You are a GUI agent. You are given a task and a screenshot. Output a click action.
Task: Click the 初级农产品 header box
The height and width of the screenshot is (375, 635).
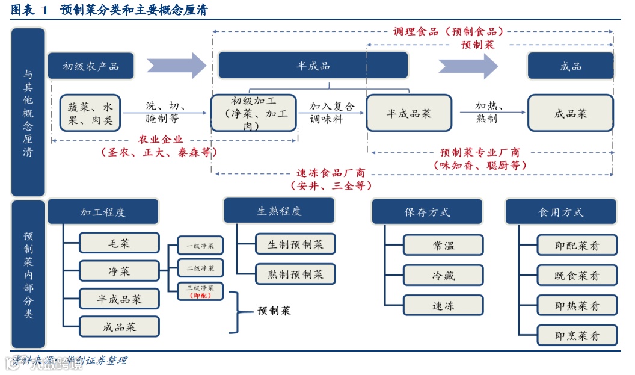point(91,66)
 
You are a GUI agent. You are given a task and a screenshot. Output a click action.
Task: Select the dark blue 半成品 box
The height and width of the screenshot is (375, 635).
point(313,66)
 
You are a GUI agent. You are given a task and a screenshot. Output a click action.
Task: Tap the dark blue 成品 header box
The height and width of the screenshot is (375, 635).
point(570,66)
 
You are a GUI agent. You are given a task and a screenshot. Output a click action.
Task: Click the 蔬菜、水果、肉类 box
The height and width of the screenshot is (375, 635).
point(91,113)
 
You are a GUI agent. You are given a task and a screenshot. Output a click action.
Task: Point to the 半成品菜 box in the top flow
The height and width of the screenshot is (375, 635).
point(409,113)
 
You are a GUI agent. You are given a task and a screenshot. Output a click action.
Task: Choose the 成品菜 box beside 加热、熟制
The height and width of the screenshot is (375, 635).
point(570,113)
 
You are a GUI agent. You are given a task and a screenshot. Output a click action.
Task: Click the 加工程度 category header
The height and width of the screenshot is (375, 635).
point(103,212)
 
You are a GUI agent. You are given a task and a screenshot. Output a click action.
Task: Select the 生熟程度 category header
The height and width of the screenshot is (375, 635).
point(279,211)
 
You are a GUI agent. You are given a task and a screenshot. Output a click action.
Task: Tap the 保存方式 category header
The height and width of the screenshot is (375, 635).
point(427,212)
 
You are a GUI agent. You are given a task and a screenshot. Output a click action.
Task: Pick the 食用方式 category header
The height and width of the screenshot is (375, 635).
point(560,212)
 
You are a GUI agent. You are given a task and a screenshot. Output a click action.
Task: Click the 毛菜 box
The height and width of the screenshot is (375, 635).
point(119,243)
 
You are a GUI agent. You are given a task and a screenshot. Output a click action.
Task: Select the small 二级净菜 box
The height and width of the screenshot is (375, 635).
point(200,268)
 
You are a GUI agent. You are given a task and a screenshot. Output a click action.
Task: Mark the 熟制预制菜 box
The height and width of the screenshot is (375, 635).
point(295,274)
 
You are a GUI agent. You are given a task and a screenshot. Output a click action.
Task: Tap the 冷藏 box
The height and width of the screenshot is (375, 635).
point(443,276)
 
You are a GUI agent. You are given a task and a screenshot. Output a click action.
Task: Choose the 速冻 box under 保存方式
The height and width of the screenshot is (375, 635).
point(443,306)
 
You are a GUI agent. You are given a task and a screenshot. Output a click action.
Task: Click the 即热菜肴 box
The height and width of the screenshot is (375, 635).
point(577,306)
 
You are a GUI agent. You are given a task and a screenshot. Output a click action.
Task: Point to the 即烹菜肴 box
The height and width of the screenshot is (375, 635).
point(577,335)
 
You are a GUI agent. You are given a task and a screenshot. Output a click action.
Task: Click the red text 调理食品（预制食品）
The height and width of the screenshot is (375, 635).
point(448,31)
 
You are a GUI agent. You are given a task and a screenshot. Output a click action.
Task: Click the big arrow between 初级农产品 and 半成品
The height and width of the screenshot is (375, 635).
point(176,66)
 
